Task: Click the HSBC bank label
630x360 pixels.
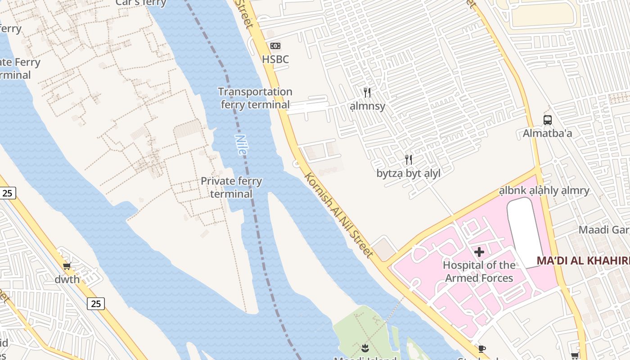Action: tap(275, 59)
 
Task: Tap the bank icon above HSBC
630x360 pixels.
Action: tap(275, 46)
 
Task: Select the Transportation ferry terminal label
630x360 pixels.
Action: tap(255, 98)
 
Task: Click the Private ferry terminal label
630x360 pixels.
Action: tap(231, 187)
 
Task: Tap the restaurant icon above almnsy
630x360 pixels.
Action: tap(367, 93)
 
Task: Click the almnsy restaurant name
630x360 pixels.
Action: tap(368, 106)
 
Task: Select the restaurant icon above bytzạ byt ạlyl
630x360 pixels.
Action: tap(409, 160)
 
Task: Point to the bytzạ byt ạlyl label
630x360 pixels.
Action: tap(409, 173)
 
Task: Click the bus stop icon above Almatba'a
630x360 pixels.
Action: tap(547, 120)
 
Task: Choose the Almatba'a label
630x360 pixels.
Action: tap(547, 134)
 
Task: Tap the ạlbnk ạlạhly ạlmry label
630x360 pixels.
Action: tap(544, 191)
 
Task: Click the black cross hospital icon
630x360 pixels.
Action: tap(479, 252)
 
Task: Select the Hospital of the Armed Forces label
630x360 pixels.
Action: tap(479, 271)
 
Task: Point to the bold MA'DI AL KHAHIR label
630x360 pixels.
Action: tap(583, 261)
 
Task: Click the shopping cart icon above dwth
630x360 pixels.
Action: tap(67, 266)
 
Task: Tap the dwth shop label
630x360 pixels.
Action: tap(67, 279)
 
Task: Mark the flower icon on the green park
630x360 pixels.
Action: tap(364, 348)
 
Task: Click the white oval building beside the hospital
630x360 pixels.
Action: tap(526, 232)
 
